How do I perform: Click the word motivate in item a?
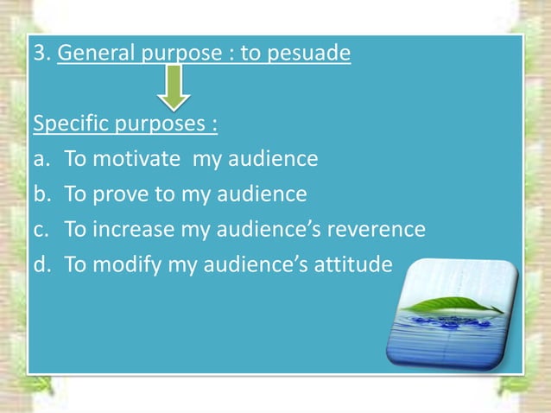146,160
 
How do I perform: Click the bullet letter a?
39,160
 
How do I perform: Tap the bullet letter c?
39,230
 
